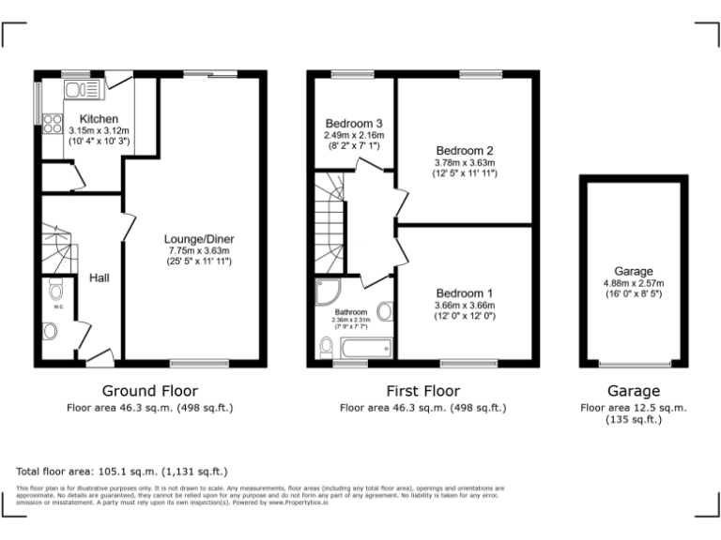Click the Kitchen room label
tap(99, 118)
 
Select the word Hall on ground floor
tap(100, 278)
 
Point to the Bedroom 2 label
tap(464, 150)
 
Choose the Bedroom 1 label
tap(464, 292)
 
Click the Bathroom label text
tap(351, 311)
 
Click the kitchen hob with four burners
tap(53, 124)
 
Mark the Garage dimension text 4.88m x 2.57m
tap(633, 283)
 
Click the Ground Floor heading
tap(150, 391)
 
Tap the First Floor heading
tap(422, 391)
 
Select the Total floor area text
tap(122, 472)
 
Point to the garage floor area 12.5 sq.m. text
tap(633, 408)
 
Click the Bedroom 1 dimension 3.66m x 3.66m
tap(464, 305)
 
